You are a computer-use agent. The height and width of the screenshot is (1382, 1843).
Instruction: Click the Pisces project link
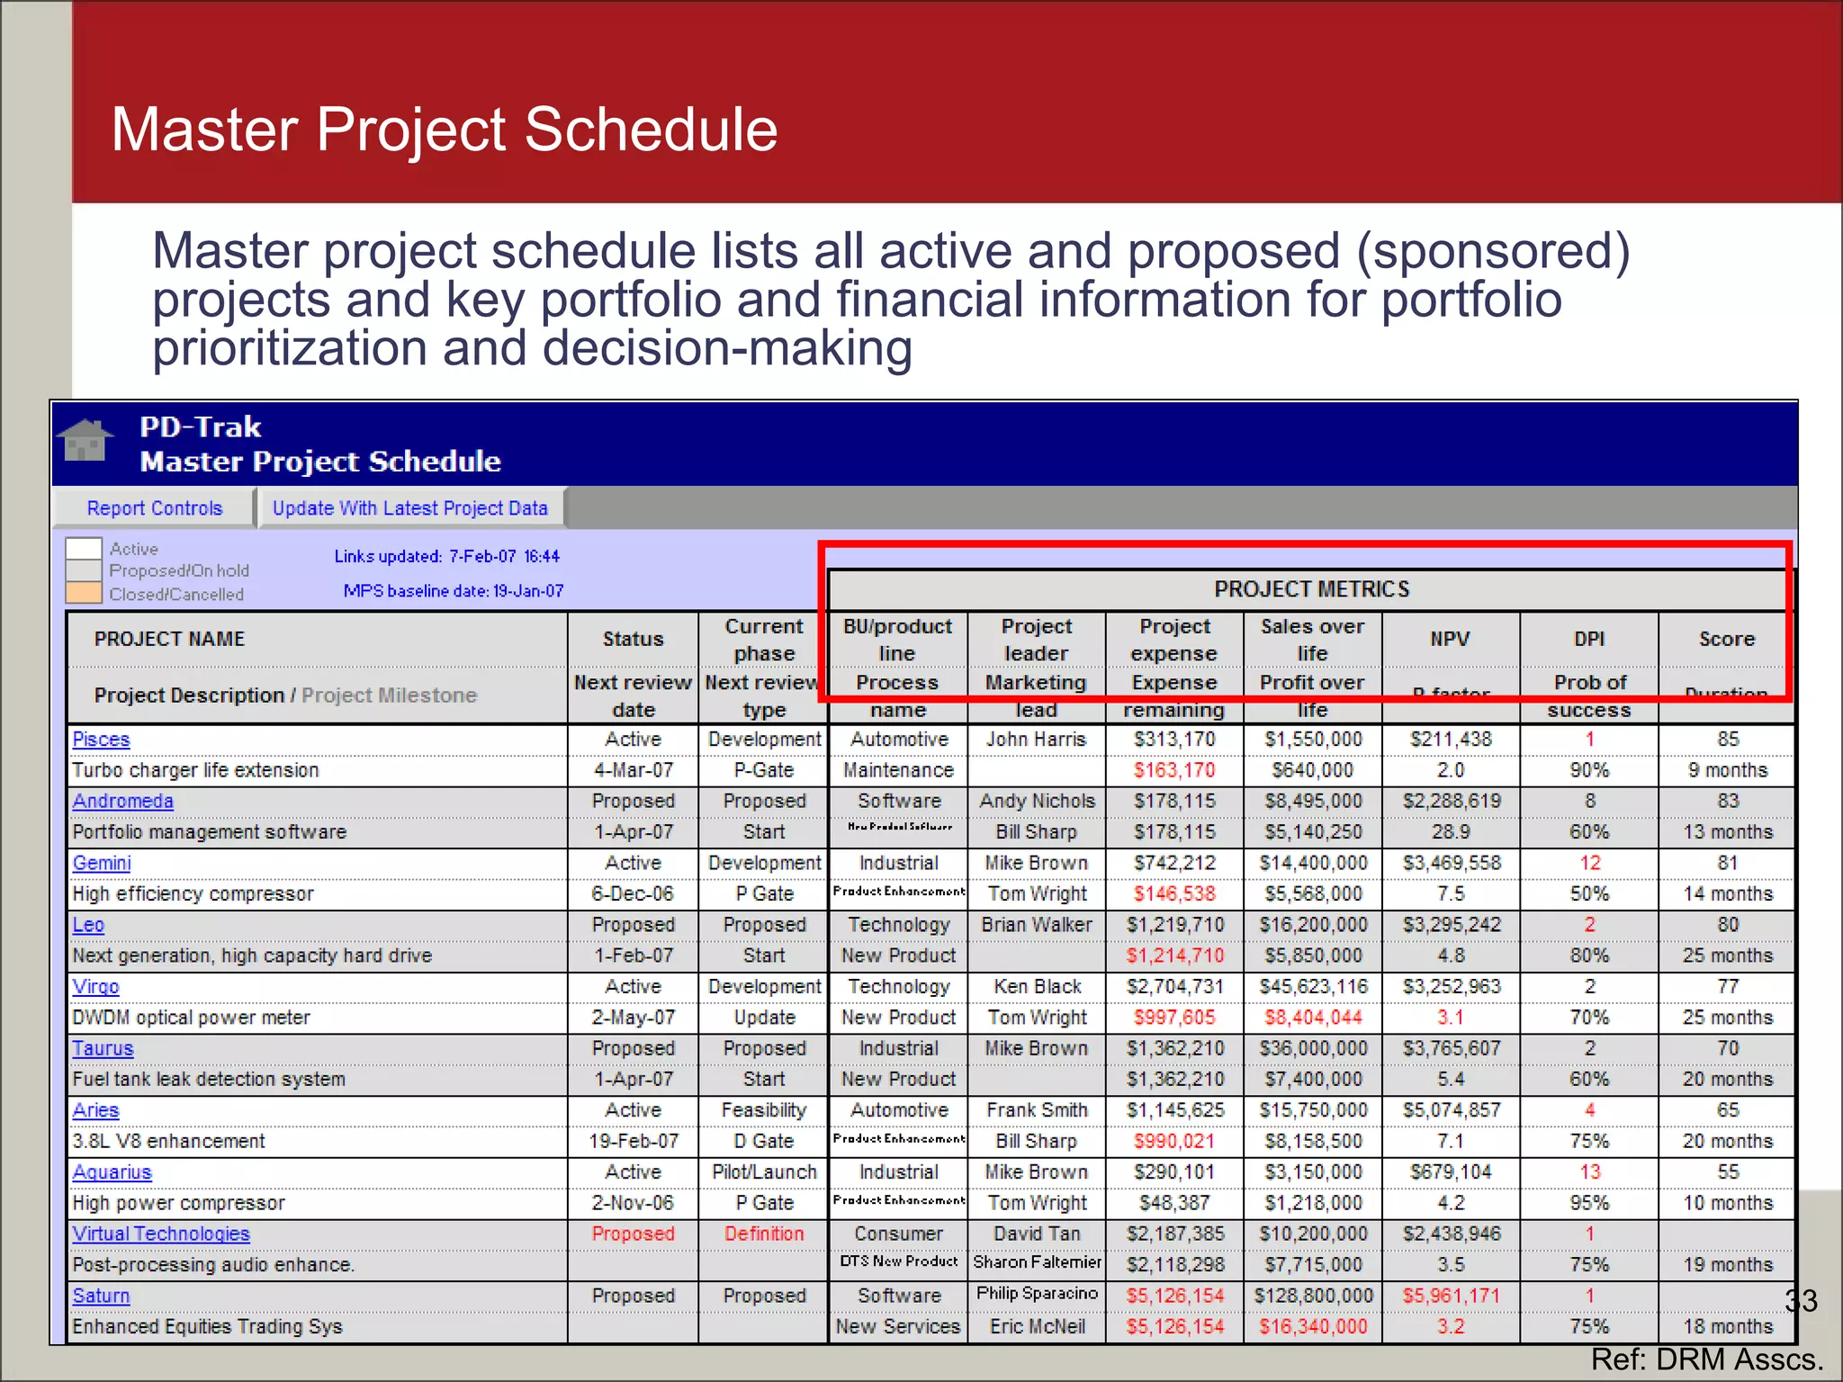101,740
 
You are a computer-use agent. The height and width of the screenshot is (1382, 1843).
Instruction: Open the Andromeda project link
122,801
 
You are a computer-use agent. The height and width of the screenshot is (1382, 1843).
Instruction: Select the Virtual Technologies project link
161,1234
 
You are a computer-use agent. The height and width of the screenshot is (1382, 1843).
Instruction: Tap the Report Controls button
154,508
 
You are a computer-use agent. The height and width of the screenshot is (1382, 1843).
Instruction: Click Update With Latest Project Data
410,508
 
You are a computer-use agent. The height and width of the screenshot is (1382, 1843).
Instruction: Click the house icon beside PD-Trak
85,441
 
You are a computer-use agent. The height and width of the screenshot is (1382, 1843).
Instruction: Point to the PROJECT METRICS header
1311,589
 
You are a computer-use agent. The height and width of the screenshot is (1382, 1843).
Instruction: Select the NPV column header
1450,639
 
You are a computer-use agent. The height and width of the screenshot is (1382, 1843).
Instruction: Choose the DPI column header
1589,639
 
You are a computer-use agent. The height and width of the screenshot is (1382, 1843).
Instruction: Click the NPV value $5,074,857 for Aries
1451,1110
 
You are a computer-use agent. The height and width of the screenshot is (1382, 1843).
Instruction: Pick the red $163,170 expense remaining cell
1173,770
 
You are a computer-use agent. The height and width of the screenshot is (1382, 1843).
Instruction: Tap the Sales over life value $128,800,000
1313,1296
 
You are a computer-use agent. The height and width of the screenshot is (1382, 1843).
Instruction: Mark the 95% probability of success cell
1589,1203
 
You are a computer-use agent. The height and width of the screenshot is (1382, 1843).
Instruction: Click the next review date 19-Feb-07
634,1141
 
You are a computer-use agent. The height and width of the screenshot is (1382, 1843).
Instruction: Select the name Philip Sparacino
1037,1293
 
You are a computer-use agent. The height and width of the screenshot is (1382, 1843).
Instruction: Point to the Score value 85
1728,740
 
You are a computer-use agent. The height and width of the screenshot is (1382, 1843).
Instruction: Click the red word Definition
764,1234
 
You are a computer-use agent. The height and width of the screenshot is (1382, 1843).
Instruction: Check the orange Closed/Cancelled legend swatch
84,593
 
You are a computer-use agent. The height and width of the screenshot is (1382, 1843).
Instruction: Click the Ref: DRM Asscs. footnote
1706,1360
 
